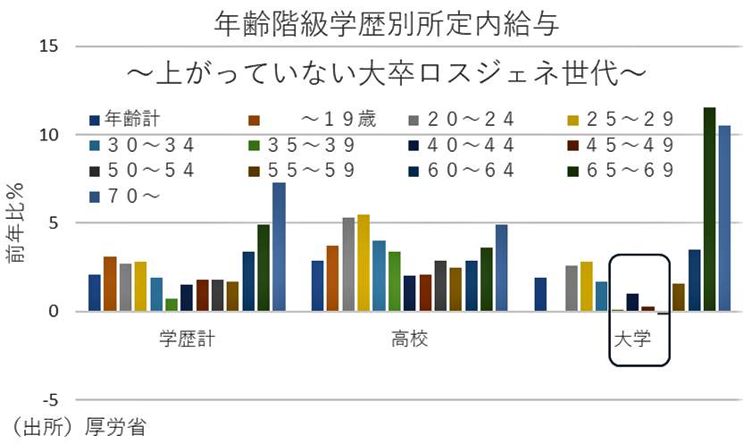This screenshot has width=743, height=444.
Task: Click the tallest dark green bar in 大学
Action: coord(710,210)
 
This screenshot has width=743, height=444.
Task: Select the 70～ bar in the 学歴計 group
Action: coord(279,247)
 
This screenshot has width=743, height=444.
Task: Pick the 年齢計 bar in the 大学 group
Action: coord(540,295)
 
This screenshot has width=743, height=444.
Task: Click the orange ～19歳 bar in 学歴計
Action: coord(110,284)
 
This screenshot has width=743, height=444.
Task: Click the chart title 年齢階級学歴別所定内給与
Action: coord(387,24)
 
